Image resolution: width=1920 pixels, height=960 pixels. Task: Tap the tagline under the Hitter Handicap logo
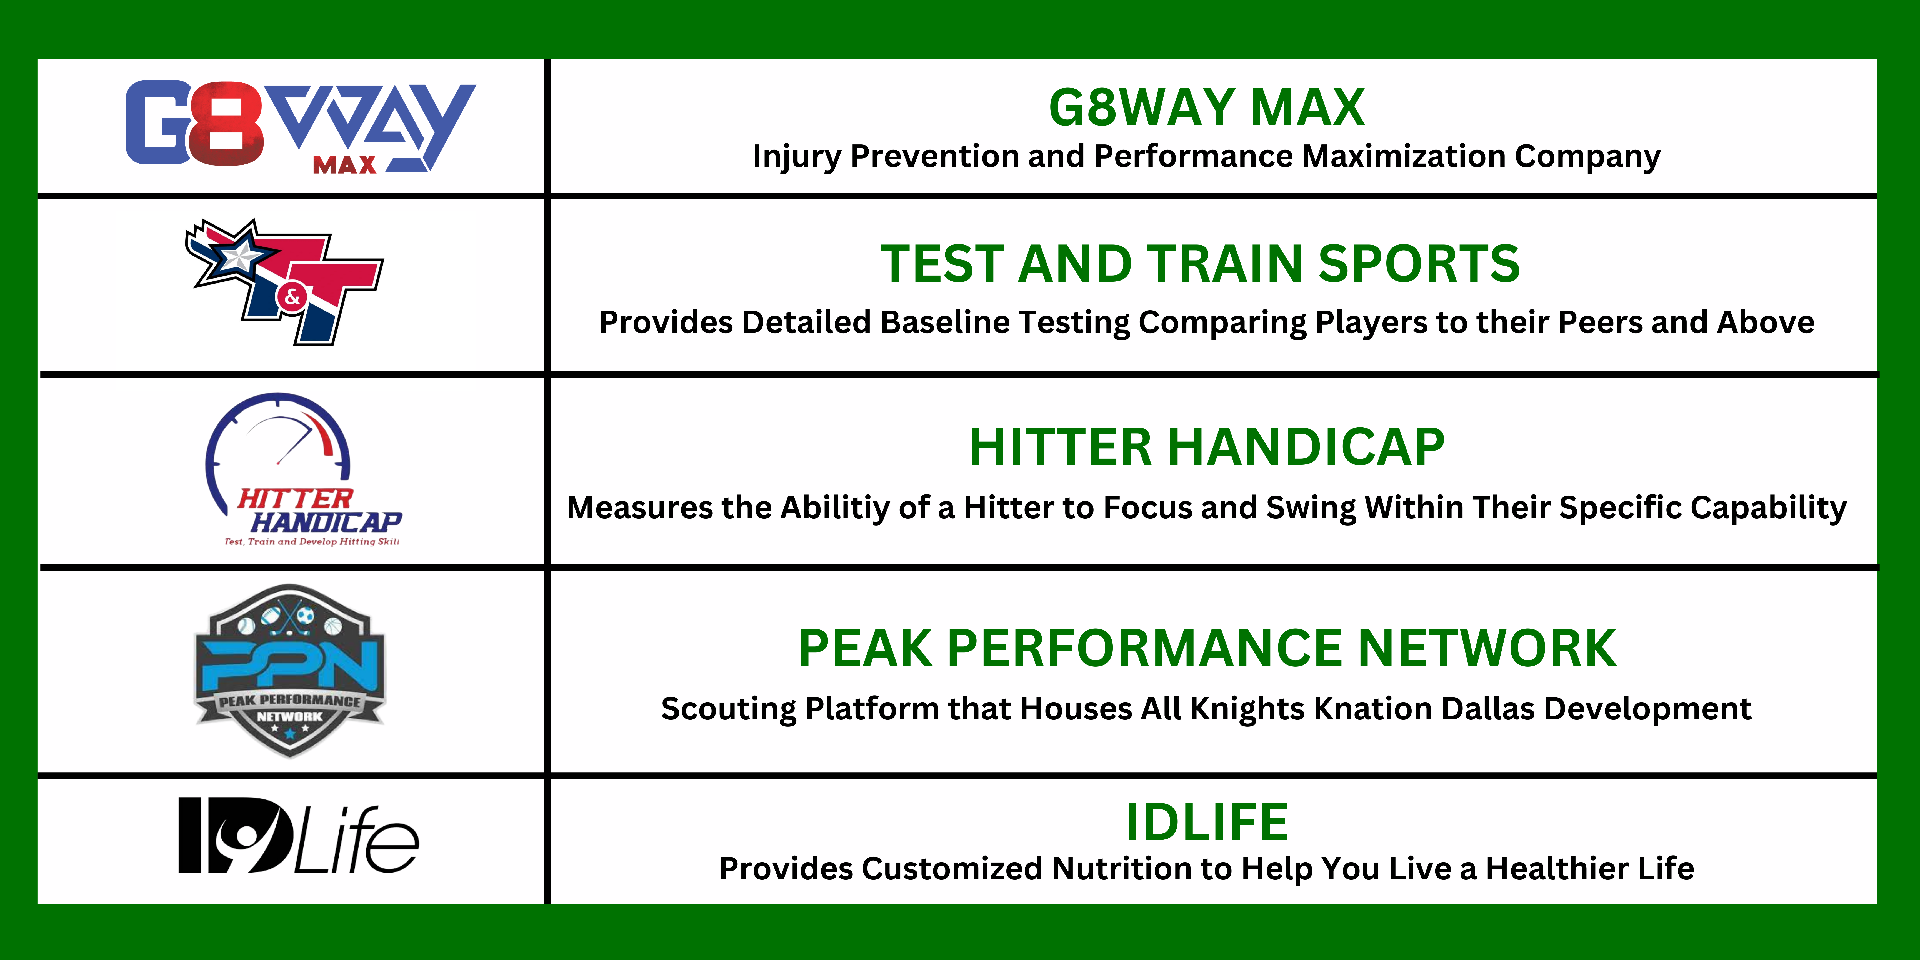tap(312, 542)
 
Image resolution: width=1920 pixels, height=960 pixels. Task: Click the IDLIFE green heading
tap(1207, 822)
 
